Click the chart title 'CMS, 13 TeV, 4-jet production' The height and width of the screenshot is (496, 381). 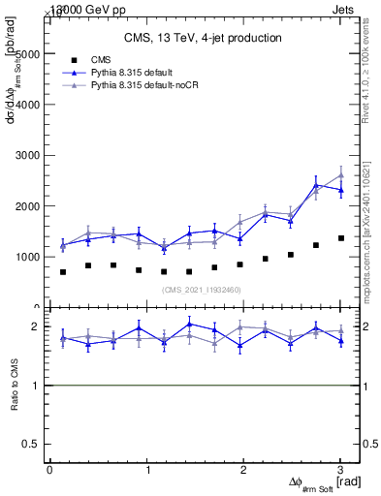click(x=203, y=38)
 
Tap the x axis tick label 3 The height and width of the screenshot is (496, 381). click(x=340, y=470)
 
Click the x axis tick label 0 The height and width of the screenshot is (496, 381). click(x=49, y=470)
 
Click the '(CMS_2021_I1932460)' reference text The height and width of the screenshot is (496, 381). click(x=201, y=291)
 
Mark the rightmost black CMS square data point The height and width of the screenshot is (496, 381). click(x=340, y=238)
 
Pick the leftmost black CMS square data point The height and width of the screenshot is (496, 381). click(x=63, y=272)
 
